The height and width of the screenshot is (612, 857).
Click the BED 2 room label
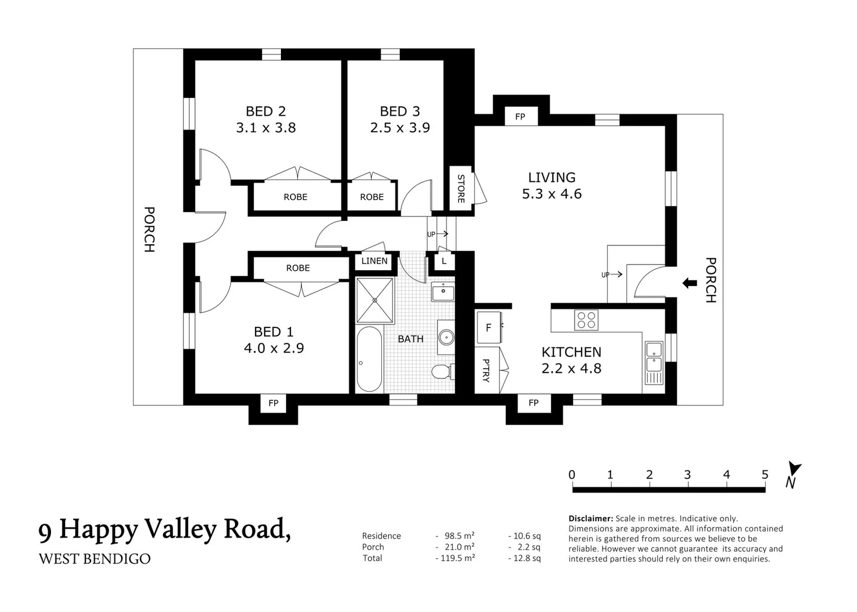tap(265, 111)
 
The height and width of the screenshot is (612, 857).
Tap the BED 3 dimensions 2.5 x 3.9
tap(400, 127)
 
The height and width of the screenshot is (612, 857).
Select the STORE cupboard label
tap(461, 189)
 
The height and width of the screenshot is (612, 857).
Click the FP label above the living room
tap(520, 117)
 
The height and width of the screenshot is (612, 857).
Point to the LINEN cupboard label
tap(374, 261)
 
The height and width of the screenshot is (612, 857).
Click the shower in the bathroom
tap(374, 300)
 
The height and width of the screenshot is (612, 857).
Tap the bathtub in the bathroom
tap(369, 359)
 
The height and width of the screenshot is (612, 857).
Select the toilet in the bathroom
tap(441, 372)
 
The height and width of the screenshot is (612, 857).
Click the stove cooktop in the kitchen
tap(586, 320)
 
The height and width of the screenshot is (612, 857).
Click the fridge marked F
tap(488, 328)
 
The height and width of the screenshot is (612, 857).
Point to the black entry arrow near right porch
tap(689, 283)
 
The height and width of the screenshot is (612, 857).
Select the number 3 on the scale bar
tap(687, 475)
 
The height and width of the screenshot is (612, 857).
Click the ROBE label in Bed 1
tap(298, 268)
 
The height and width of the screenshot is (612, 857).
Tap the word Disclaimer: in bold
tap(590, 518)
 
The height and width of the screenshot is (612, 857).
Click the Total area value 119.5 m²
tap(456, 558)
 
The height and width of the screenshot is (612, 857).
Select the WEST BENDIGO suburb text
tap(95, 559)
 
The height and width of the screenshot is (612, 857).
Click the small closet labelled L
tap(444, 261)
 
